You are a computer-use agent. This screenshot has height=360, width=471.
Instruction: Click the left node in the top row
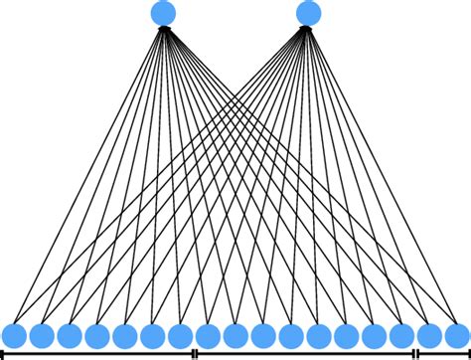[x=164, y=13]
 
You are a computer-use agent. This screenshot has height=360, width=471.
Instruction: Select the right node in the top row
[x=309, y=13]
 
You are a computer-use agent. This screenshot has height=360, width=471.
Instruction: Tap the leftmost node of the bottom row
[x=14, y=335]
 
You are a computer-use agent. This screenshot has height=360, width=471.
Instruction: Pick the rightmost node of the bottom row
[x=456, y=335]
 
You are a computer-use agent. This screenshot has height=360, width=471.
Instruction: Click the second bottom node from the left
[x=42, y=335]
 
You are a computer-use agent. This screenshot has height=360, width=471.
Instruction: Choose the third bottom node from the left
[x=70, y=335]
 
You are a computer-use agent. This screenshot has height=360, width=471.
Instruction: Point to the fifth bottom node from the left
[x=124, y=335]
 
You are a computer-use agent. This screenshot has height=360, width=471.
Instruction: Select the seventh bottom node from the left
[x=180, y=335]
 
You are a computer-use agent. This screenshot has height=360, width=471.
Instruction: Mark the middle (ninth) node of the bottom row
[x=235, y=335]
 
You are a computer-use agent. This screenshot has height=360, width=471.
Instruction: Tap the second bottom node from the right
[x=429, y=335]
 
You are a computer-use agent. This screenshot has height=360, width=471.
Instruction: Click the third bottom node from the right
[x=401, y=335]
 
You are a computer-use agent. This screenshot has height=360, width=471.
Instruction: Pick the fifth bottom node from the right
[x=346, y=335]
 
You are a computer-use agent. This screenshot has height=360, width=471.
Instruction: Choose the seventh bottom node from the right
[x=290, y=335]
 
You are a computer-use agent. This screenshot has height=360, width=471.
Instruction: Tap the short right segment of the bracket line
[x=443, y=353]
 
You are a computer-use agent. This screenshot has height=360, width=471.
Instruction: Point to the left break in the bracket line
[x=195, y=353]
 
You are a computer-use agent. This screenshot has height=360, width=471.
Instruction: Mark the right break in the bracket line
[x=415, y=353]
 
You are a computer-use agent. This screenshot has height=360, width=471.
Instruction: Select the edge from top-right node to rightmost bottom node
[x=383, y=174]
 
